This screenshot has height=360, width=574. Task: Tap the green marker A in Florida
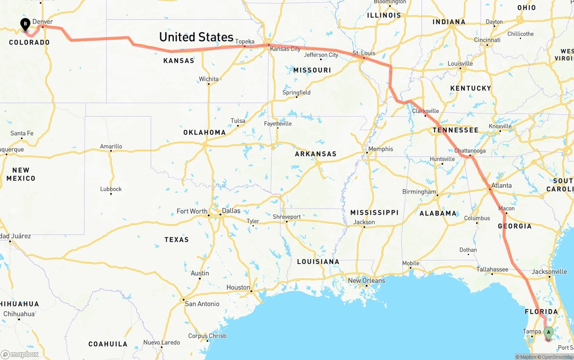(x=548, y=332)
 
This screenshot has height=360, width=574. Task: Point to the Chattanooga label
(x=470, y=151)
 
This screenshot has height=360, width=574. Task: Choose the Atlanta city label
(x=501, y=185)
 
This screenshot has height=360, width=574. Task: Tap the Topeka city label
(x=245, y=41)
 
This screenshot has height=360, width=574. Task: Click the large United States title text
(x=196, y=37)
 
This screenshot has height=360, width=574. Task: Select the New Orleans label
(x=366, y=281)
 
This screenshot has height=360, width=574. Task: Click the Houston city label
(x=238, y=287)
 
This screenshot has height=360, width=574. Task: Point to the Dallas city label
(x=231, y=211)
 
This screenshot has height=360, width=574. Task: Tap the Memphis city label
(x=380, y=149)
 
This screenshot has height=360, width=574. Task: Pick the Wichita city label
(x=209, y=79)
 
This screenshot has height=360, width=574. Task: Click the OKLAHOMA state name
(x=204, y=132)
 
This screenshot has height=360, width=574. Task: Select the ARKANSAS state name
(x=315, y=154)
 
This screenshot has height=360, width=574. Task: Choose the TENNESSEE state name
(x=455, y=130)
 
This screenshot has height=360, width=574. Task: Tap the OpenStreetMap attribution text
(x=555, y=357)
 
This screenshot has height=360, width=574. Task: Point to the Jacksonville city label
(x=549, y=272)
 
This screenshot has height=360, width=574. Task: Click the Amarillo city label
(x=111, y=146)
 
